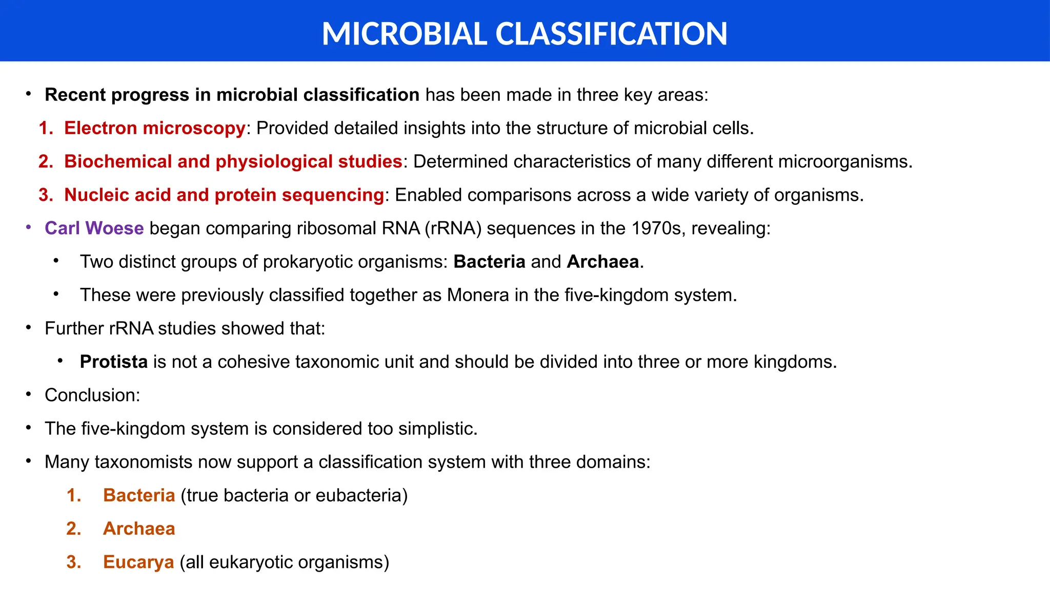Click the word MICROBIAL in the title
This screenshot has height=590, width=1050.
404,34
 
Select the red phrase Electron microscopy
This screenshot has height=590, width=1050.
154,128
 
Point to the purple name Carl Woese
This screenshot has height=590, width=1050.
94,228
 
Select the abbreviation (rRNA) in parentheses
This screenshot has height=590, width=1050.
453,228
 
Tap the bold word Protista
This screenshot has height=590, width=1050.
114,362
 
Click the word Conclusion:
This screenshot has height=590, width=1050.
92,395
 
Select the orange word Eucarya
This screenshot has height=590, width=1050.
138,562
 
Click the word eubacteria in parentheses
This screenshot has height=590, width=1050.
361,495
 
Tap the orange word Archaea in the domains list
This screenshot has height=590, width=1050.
139,529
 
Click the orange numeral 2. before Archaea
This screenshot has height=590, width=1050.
73,529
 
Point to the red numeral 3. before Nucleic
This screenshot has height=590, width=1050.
46,195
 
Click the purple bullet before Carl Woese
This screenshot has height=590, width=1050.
29,227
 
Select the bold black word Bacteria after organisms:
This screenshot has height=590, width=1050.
489,262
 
